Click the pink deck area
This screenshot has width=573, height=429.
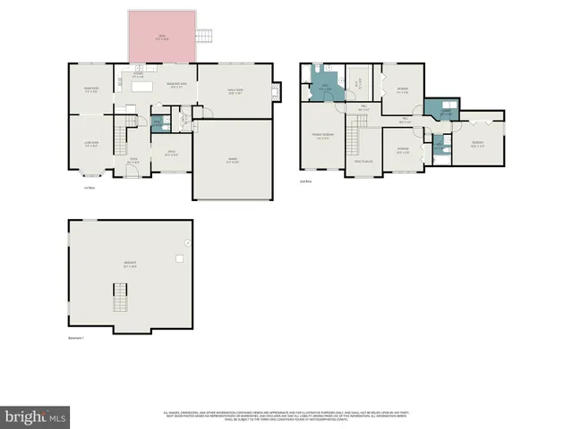[x=161, y=38]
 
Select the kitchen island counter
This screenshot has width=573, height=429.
[x=167, y=87]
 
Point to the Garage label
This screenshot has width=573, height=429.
[x=232, y=161]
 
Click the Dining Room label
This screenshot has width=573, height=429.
[x=90, y=89]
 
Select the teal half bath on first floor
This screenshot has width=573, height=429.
[x=157, y=123]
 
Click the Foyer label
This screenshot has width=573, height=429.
[x=133, y=160]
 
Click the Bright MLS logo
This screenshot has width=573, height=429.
[x=35, y=416]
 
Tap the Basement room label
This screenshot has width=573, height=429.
[x=130, y=265]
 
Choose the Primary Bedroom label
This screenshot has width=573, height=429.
[x=321, y=138]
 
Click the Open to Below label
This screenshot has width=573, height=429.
[x=363, y=161]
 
